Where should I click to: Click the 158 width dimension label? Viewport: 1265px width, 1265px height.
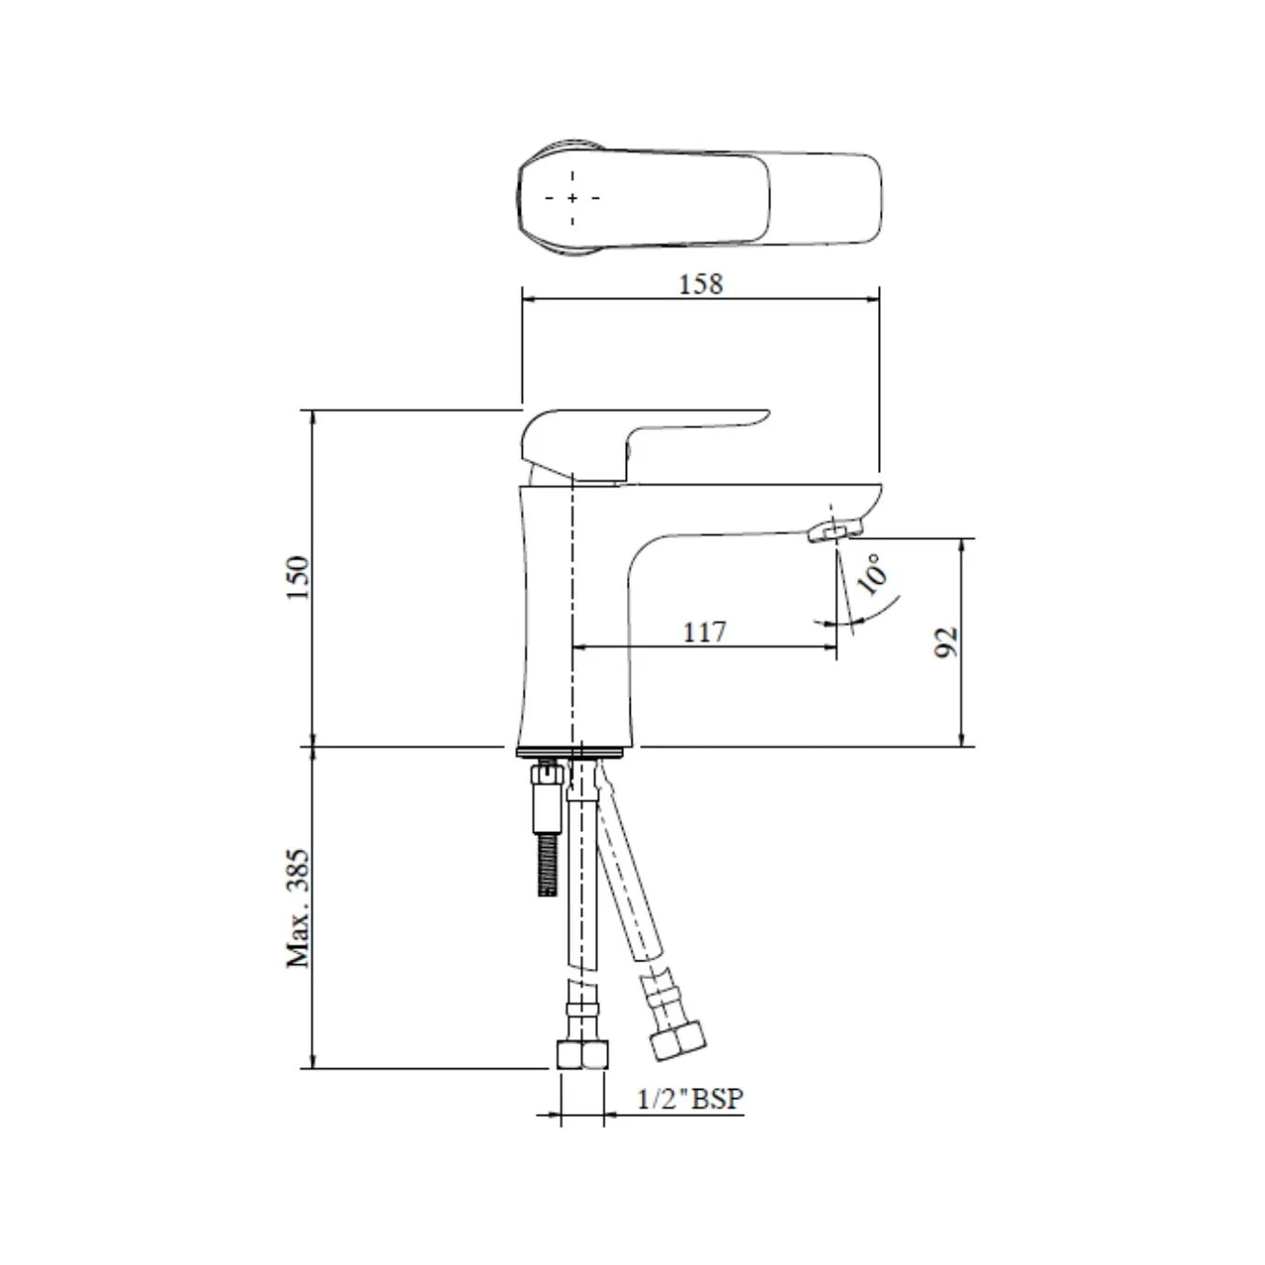[x=701, y=283]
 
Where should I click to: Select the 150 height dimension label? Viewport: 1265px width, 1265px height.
[x=298, y=578]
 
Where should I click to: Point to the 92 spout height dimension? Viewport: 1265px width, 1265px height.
[x=947, y=642]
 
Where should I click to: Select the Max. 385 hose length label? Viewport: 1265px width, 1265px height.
[x=298, y=907]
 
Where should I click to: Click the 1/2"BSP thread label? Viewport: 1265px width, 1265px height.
[x=691, y=1098]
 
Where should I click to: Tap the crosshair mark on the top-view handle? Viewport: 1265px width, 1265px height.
[x=572, y=198]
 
